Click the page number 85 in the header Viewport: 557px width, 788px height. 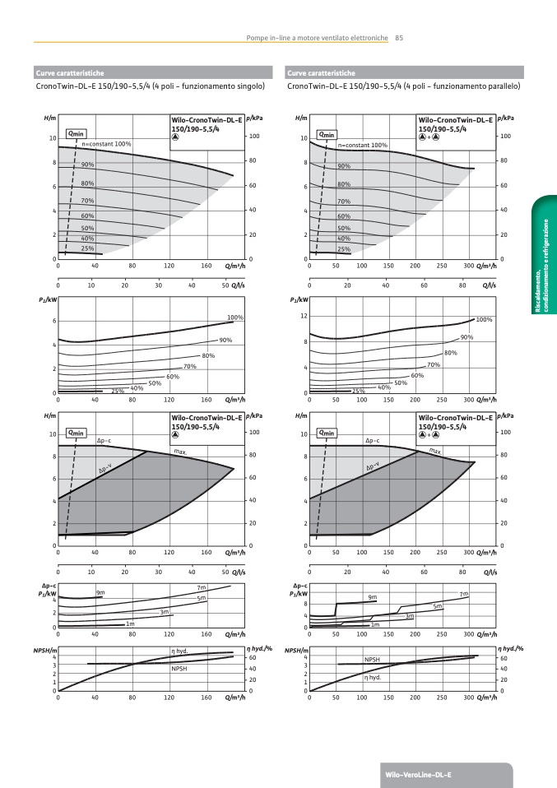399,37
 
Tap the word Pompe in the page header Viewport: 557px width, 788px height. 260,37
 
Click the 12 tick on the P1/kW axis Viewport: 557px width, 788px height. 304,317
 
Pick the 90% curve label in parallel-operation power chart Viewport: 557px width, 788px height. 466,337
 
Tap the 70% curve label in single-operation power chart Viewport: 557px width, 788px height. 189,366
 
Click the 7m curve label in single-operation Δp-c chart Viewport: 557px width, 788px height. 201,587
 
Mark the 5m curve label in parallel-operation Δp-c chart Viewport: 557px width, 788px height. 438,606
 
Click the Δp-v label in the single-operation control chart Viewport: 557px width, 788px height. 105,470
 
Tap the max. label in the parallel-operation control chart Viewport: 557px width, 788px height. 435,452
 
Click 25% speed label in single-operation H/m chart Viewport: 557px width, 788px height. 87,248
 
